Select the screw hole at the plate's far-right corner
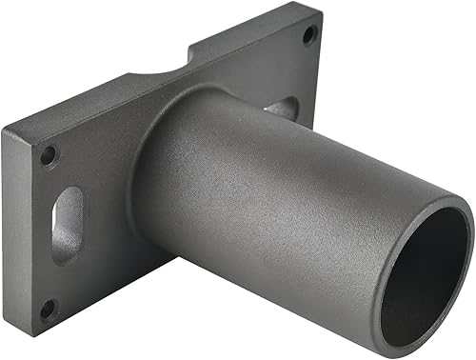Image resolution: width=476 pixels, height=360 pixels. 307,35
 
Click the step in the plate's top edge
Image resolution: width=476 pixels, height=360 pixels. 190,48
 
